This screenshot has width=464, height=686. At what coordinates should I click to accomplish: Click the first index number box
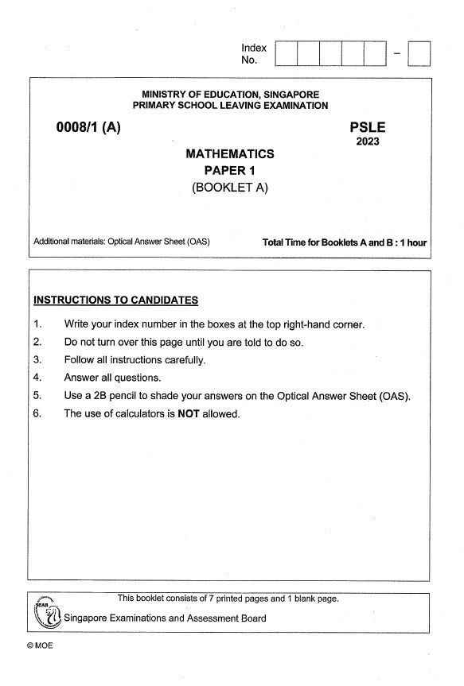[x=286, y=53]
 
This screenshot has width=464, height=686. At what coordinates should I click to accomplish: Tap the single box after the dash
[x=419, y=53]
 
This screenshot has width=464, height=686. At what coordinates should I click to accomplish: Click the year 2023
[x=368, y=142]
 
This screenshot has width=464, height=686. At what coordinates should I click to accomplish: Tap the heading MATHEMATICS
[x=229, y=153]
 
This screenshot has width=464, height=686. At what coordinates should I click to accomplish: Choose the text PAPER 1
[x=229, y=170]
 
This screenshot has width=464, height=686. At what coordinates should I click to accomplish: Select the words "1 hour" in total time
[x=414, y=242]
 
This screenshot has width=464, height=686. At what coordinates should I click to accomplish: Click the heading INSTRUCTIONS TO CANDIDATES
[x=115, y=300]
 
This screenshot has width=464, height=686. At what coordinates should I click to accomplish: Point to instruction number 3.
[x=37, y=360]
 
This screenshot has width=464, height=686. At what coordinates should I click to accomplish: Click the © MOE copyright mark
[x=39, y=645]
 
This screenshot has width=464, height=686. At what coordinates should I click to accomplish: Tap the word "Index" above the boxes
[x=254, y=48]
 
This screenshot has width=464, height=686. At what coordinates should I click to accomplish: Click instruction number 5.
[x=37, y=396]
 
